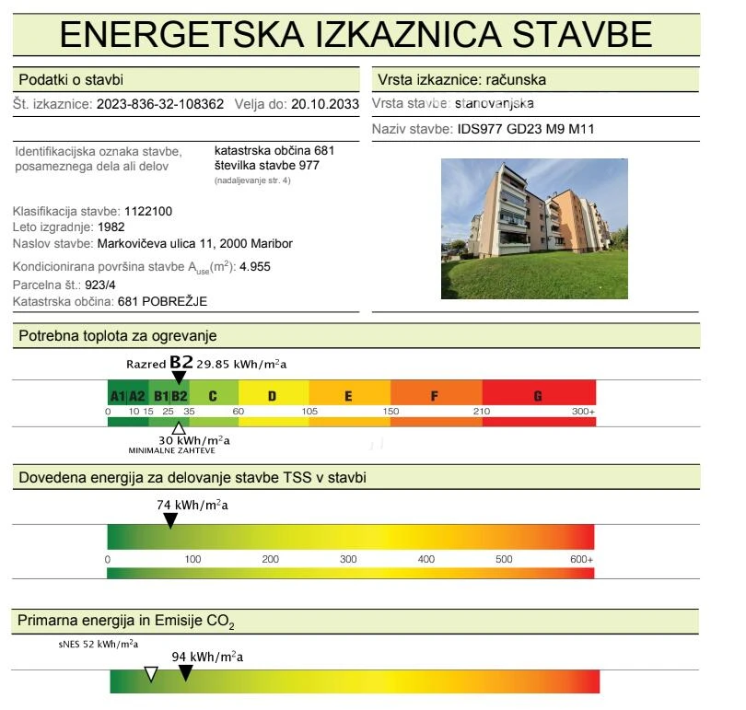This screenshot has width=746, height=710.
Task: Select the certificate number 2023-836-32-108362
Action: click(160, 105)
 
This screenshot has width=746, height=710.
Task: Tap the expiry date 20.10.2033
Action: click(325, 105)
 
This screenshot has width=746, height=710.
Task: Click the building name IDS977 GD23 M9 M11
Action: click(526, 129)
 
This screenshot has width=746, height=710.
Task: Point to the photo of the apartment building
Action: click(534, 228)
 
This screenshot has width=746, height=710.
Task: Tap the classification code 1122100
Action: click(155, 211)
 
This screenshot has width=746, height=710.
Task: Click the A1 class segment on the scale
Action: click(117, 396)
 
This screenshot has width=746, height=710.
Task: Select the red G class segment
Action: click(538, 396)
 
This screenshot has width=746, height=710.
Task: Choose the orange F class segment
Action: click(435, 396)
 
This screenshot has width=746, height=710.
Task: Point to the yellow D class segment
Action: click(273, 396)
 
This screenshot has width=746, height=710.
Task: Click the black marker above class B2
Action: click(179, 377)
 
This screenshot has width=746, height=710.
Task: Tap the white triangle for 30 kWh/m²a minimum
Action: click(179, 427)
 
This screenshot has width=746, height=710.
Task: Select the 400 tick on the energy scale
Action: click(426, 559)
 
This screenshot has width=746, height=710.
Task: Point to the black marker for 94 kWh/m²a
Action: click(185, 673)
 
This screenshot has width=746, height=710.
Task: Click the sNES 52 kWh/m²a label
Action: click(98, 644)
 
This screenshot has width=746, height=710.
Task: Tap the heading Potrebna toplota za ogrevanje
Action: click(117, 336)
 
